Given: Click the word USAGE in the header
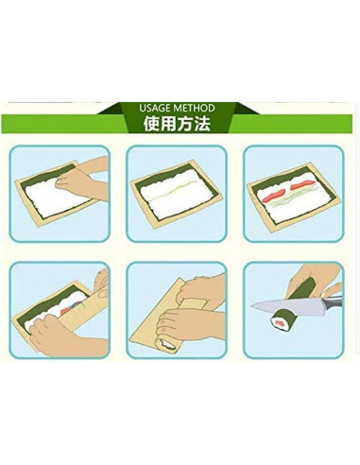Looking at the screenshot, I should click(x=154, y=108).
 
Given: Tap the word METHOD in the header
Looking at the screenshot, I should click(x=196, y=108).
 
